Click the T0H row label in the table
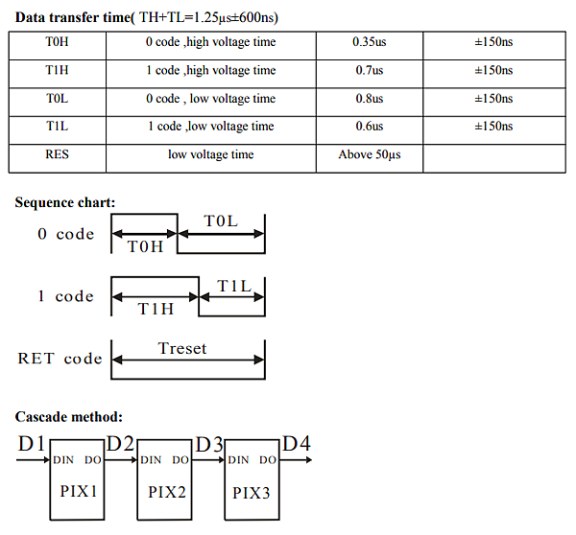(x=57, y=41)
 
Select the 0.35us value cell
(x=370, y=41)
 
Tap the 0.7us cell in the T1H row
(x=370, y=70)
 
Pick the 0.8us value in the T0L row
(x=370, y=99)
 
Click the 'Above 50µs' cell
(x=370, y=154)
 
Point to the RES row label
(x=57, y=154)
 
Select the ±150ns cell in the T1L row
(x=493, y=127)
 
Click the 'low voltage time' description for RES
(x=211, y=154)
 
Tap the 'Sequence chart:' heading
(x=65, y=202)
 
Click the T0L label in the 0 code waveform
(x=221, y=221)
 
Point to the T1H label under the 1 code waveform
(x=156, y=309)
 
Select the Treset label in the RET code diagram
(x=182, y=348)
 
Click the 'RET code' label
(x=60, y=359)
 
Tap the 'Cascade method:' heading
(x=69, y=417)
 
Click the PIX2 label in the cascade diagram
(x=167, y=492)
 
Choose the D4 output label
(x=297, y=443)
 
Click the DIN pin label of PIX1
(x=63, y=460)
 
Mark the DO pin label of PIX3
(x=268, y=460)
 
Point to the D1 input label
(x=32, y=443)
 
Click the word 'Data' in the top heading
(x=31, y=17)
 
